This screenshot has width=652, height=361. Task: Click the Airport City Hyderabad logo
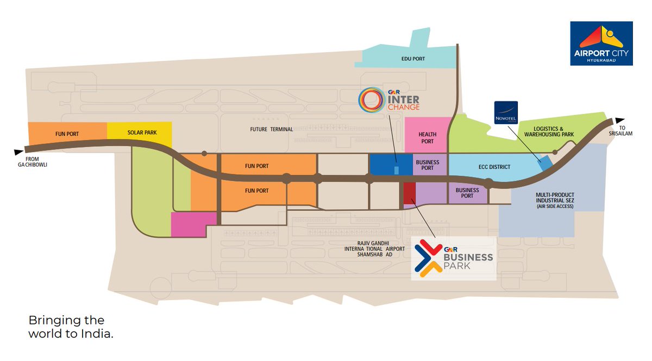pos(601,44)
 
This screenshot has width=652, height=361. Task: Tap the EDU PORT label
pos(414,59)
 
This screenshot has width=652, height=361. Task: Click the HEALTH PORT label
pos(427,138)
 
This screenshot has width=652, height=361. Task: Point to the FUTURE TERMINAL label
pos(271,130)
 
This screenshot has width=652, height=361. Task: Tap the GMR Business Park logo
pos(454,258)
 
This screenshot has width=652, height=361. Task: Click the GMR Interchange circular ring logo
pos(372,99)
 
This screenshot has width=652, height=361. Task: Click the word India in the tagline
pos(98,334)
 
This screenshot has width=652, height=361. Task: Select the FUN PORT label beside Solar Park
pos(67,133)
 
